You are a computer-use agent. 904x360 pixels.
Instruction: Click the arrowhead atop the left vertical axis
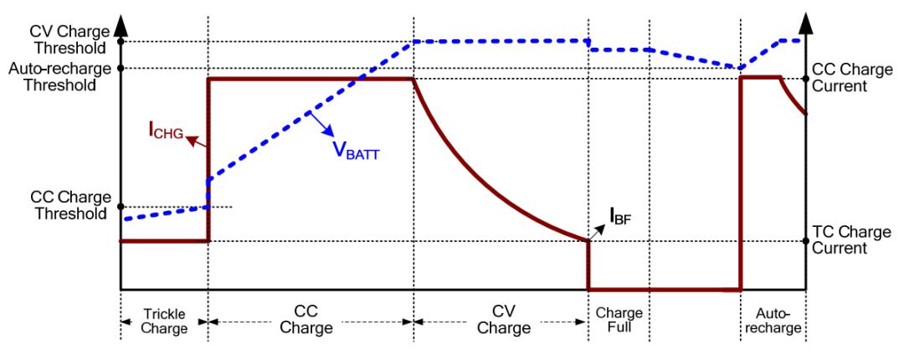point(121,17)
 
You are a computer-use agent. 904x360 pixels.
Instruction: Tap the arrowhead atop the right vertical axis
point(806,17)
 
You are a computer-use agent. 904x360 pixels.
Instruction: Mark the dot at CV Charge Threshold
point(121,41)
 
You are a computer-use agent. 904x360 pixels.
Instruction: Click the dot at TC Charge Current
point(806,241)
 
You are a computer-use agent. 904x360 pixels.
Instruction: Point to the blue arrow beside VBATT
point(321,121)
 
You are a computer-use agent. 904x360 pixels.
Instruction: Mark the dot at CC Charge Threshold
point(121,207)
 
